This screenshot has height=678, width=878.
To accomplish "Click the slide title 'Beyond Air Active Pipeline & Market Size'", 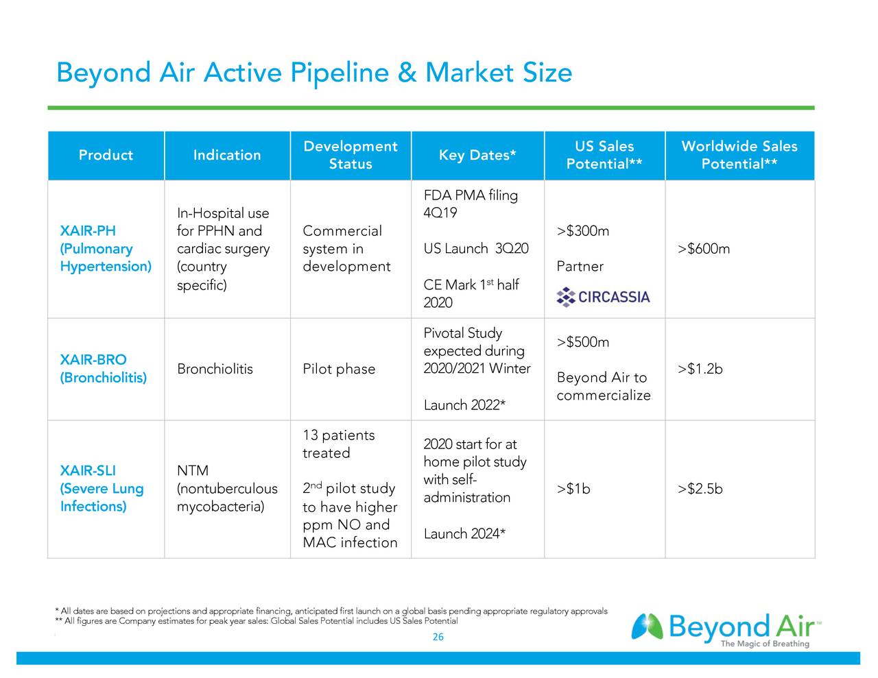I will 313,72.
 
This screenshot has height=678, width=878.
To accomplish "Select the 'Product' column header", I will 106,155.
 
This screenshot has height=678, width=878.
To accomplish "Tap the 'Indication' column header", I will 227,155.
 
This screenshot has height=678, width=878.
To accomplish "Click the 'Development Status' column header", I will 350,155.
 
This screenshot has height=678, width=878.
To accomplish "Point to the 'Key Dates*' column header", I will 477,155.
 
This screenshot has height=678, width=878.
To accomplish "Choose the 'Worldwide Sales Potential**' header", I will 739,155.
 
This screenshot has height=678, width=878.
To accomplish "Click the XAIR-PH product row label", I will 105,248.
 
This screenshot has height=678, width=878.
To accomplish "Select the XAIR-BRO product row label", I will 103,369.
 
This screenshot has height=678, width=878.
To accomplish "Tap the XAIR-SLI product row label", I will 102,488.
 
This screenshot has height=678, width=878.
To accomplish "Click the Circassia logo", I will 603,297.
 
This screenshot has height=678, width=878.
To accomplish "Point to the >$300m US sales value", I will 582,231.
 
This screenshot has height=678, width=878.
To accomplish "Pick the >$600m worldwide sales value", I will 703,249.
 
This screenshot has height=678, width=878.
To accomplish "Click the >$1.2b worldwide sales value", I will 700,370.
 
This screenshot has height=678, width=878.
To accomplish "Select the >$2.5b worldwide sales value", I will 700,489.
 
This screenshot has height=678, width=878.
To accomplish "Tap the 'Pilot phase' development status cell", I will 339,370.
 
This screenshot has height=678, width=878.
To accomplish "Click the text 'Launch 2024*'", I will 464,534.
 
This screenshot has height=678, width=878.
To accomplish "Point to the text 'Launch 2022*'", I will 464,405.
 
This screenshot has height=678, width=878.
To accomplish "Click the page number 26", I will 438,637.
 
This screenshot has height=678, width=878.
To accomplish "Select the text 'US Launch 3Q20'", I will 476,249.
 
